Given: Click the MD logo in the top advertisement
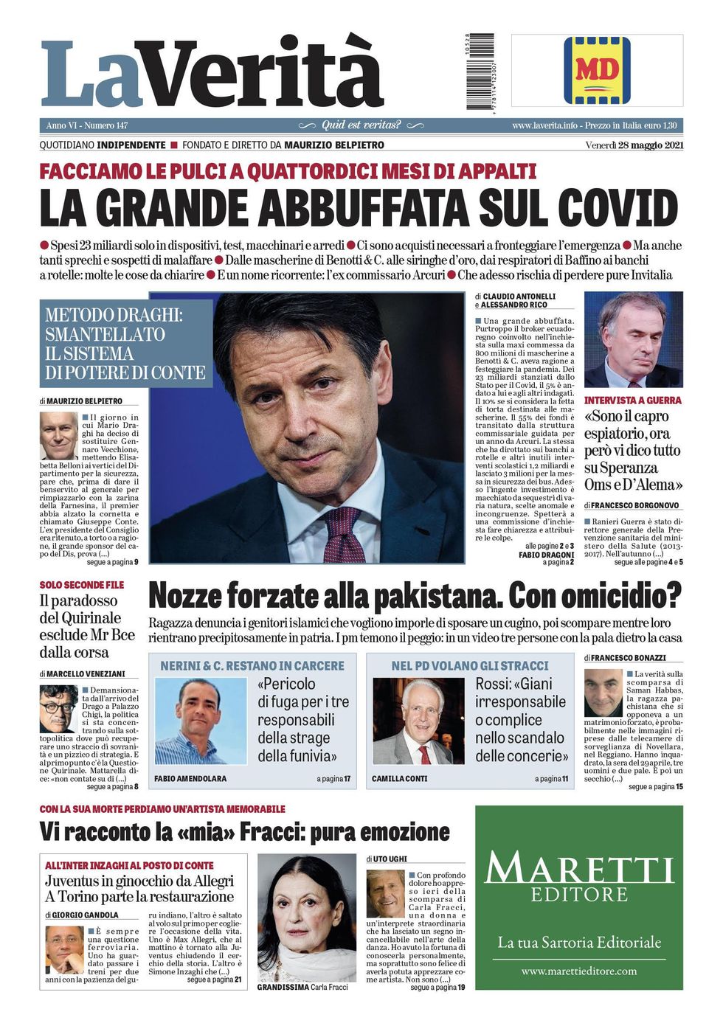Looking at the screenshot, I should tap(597, 71).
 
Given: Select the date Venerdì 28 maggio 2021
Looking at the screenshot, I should tap(634, 145).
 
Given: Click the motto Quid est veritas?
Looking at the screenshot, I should tap(361, 125).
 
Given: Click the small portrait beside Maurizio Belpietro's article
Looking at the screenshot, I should tap(58, 436).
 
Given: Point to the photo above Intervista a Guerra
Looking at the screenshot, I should tap(633, 340).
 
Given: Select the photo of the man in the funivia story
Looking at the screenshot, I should tap(200, 721).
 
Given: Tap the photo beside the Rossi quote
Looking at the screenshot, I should tap(418, 721).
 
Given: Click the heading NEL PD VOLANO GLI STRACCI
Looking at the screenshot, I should tap(470, 665).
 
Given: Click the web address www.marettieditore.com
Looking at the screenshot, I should tap(578, 971).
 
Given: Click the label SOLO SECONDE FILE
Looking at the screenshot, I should tap(82, 585).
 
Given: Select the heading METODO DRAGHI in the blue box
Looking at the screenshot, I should tap(114, 315).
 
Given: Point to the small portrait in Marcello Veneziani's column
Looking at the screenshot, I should tap(58, 708).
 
